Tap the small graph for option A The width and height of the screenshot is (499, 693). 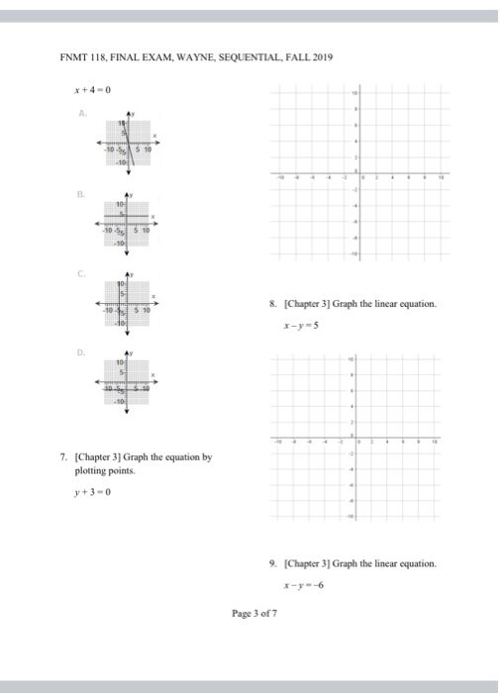click(126, 144)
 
